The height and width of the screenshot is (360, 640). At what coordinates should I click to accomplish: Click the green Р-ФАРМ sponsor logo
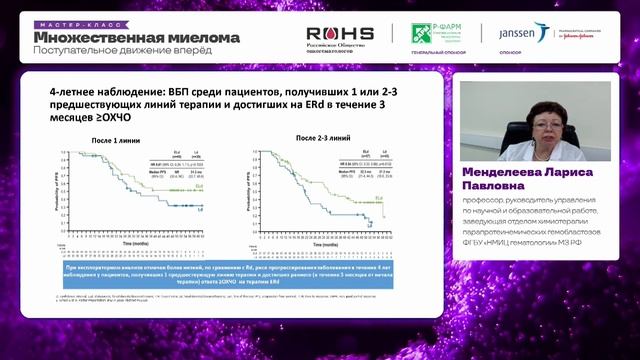[441, 32]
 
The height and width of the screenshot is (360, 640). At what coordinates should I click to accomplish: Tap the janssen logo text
[520, 32]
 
